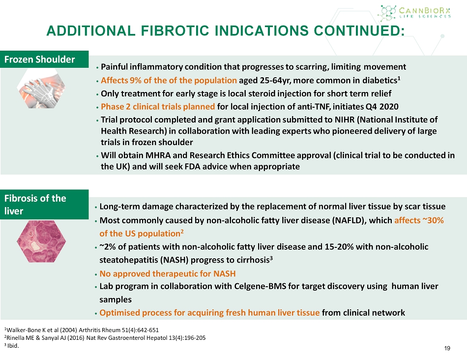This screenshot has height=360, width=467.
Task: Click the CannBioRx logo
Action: click(414, 13)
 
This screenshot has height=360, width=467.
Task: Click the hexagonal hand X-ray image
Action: click(41, 89)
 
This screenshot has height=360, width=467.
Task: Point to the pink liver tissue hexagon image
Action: click(41, 241)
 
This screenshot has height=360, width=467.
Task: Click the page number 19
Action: click(447, 348)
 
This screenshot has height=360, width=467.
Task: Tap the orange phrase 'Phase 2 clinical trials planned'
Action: click(158, 107)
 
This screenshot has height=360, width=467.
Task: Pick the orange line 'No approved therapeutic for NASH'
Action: click(167, 273)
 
